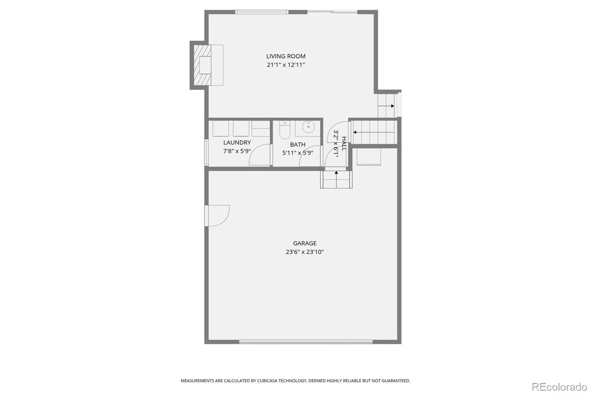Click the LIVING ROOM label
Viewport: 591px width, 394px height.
coord(286,56)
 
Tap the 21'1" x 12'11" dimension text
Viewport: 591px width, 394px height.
coord(286,65)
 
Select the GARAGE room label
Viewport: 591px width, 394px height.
coord(305,243)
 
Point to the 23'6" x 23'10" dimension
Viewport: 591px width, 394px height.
coord(305,252)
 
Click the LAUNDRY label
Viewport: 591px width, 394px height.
coord(237,143)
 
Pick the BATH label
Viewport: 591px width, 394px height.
coord(298,145)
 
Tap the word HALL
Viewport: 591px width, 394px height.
coord(344,144)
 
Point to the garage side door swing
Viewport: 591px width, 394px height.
coord(218,215)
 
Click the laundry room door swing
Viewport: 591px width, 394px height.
coord(260,155)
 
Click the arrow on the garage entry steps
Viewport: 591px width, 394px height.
coord(336,173)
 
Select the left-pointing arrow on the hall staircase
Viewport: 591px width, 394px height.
coord(355,132)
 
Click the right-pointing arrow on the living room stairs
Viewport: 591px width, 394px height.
coord(392,106)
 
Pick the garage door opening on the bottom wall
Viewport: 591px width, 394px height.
coord(306,342)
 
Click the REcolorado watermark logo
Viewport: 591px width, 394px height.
coord(559,387)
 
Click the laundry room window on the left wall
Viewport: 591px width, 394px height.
coord(206,152)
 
